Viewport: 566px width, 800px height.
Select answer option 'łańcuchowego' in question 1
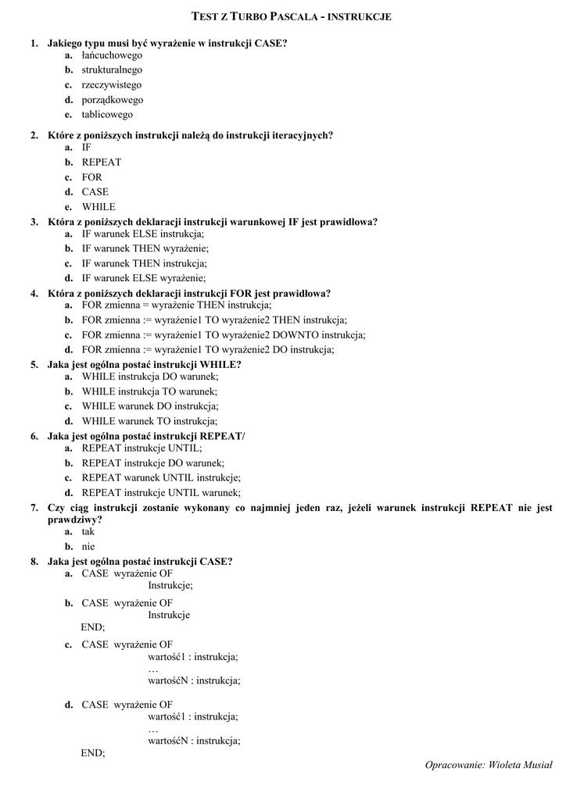point(112,55)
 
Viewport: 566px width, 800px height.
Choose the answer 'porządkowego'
point(112,100)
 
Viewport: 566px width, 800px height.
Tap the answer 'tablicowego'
point(107,115)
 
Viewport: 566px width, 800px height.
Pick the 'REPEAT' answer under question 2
point(101,162)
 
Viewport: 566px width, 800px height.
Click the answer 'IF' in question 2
point(87,148)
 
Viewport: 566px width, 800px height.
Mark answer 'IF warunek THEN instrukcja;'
point(144,263)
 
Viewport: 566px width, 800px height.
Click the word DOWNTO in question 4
point(282,335)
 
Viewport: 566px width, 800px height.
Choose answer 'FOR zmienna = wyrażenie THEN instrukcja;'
point(177,305)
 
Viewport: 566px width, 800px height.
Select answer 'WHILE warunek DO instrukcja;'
point(150,406)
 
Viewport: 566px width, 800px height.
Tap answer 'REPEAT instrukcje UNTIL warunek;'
point(161,493)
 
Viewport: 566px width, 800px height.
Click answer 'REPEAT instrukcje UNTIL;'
point(141,448)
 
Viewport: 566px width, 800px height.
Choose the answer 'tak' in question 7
point(88,532)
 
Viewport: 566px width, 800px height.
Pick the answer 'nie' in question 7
point(88,547)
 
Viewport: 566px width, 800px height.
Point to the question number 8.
point(34,561)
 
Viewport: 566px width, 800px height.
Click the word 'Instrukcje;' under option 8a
point(170,585)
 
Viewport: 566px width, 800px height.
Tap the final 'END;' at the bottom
point(92,753)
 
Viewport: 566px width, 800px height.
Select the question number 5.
point(34,364)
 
